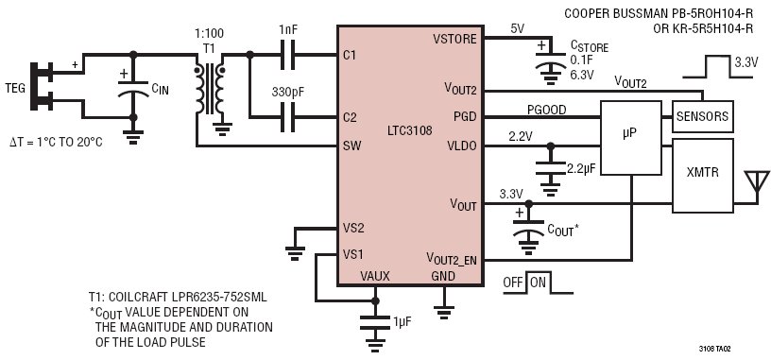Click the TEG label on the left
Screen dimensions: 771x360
tap(14, 89)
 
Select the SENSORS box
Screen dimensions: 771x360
tap(702, 116)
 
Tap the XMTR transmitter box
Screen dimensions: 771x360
tap(702, 176)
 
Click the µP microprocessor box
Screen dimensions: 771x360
tap(631, 138)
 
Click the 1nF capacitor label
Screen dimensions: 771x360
tap(288, 29)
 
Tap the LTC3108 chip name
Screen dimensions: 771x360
tap(410, 130)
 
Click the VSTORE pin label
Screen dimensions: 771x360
tap(454, 39)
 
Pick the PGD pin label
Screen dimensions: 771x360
tap(465, 117)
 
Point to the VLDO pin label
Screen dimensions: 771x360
tap(462, 146)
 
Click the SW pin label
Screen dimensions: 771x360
tap(351, 146)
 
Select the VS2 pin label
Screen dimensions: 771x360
tap(353, 229)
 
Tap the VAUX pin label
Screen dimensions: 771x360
tap(375, 277)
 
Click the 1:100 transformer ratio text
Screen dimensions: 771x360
tap(209, 33)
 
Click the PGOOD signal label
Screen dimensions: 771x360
tap(546, 110)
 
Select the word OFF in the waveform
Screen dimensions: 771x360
tap(514, 283)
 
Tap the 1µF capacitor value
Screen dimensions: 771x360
tap(402, 321)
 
